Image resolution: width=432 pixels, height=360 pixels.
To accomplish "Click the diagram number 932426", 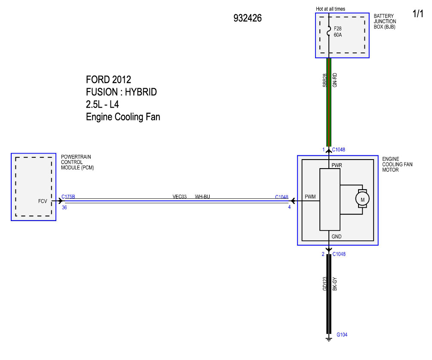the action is click(x=248, y=18).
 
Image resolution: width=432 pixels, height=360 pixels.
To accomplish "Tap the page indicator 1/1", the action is click(x=418, y=13).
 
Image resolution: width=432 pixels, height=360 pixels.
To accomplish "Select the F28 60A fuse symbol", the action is click(x=329, y=31).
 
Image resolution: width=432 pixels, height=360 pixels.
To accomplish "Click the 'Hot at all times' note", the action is click(x=330, y=9).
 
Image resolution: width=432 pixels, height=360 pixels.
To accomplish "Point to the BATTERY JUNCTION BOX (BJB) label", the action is click(x=385, y=22).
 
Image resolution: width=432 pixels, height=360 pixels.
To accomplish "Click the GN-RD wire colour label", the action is click(x=335, y=80).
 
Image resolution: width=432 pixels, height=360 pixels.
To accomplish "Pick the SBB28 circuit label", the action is click(x=325, y=80).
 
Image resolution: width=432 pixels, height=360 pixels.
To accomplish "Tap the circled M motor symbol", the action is click(x=362, y=200).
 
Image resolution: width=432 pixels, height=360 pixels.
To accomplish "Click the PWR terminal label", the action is click(x=337, y=165).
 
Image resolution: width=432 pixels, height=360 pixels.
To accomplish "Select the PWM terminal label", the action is click(x=310, y=197).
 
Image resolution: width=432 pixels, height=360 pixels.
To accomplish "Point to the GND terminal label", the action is click(x=337, y=237).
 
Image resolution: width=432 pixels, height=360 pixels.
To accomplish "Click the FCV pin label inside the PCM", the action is click(x=43, y=201).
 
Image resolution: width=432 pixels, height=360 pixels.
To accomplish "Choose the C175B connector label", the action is click(x=68, y=197).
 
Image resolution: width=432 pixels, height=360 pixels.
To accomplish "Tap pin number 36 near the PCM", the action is click(x=64, y=207).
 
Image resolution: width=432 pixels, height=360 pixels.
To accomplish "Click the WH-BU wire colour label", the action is click(x=202, y=197).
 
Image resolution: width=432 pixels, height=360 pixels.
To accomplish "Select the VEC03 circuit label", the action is click(x=180, y=197).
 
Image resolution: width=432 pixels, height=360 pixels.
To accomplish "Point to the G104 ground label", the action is click(x=342, y=335).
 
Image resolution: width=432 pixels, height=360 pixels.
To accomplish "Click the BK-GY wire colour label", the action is click(x=335, y=283).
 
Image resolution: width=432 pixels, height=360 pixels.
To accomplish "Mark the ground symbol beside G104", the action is click(x=329, y=338).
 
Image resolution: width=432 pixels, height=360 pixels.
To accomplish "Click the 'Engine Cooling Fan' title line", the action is click(x=123, y=117).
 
